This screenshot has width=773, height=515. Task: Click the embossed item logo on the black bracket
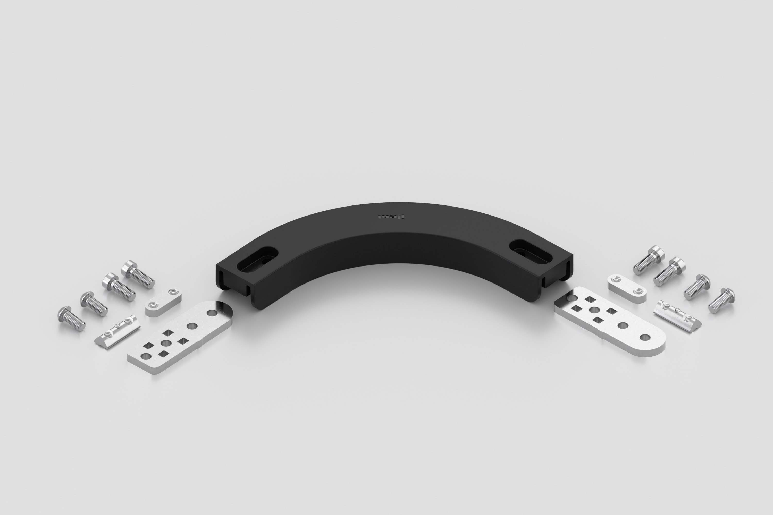(x=391, y=217)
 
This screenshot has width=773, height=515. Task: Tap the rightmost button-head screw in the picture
(x=721, y=301)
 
